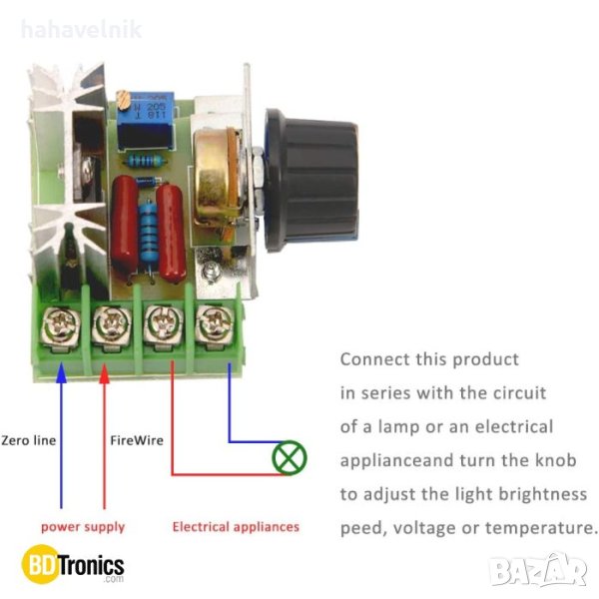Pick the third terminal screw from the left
coord(160,324)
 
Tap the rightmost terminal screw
coord(211,323)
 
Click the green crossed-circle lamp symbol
coord(290,458)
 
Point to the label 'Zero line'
coord(29,439)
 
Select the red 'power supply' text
coord(83,526)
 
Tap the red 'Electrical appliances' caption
coord(236,526)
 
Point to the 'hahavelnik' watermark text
coord(80,29)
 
